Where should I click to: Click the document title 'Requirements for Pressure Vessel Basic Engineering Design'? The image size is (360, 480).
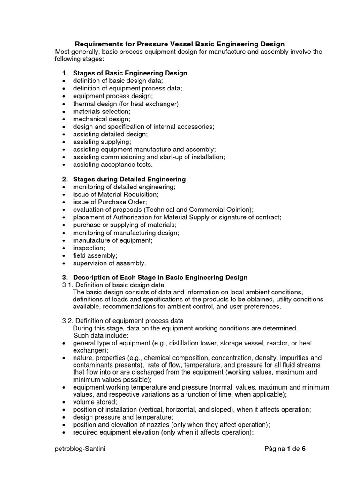click(x=180, y=44)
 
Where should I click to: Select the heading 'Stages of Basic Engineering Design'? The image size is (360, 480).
click(x=130, y=73)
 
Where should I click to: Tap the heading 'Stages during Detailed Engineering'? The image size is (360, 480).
click(x=129, y=179)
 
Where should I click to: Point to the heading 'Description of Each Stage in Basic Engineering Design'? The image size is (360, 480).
click(x=160, y=277)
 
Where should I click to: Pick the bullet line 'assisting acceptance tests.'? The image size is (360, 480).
click(x=113, y=165)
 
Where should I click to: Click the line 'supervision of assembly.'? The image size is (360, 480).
click(x=109, y=263)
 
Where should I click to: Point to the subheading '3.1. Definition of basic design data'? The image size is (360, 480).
click(x=113, y=285)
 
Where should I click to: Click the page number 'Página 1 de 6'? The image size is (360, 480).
click(x=285, y=449)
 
